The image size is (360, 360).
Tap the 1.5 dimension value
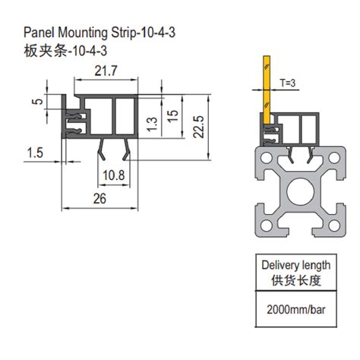point(34,154)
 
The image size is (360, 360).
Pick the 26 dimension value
point(99,199)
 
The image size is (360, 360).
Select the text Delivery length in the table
point(296,265)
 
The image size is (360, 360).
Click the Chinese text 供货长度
point(296,281)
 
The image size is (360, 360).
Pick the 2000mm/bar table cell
point(296,311)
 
